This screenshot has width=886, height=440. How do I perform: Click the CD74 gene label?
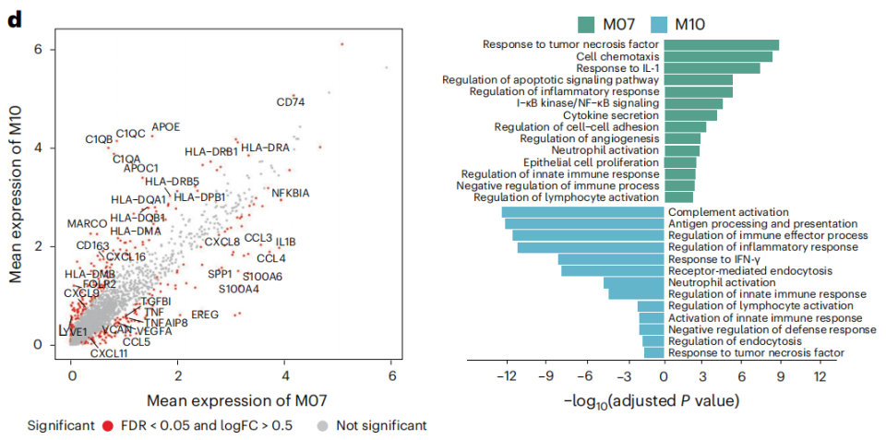click(291, 102)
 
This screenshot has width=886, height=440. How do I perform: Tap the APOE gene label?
click(165, 126)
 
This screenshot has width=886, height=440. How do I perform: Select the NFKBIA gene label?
click(291, 193)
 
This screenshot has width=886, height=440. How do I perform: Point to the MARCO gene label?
click(87, 224)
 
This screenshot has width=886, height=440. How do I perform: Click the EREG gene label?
click(205, 315)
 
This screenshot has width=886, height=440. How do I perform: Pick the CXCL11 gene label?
click(109, 353)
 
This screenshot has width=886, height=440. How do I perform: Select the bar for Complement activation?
click(582, 212)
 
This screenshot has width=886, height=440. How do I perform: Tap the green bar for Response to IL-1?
click(712, 68)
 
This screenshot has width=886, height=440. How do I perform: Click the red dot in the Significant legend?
click(107, 425)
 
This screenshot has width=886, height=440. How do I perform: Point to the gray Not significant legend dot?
click(322, 425)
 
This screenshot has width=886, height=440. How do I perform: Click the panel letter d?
click(14, 17)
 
